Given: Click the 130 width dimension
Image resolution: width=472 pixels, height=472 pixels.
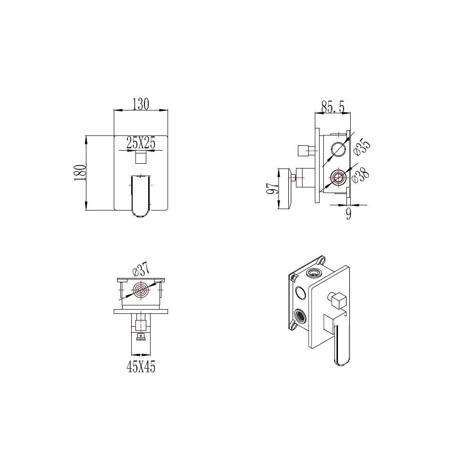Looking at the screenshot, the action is pyautogui.click(x=141, y=104).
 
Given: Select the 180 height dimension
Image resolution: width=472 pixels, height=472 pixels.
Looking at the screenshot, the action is pyautogui.click(x=80, y=172).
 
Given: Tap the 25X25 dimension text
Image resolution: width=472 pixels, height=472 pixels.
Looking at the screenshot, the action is pyautogui.click(x=141, y=142).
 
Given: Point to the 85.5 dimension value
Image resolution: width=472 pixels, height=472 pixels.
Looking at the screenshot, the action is pyautogui.click(x=333, y=106).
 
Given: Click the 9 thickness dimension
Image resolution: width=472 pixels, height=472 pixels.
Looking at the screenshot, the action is pyautogui.click(x=349, y=214).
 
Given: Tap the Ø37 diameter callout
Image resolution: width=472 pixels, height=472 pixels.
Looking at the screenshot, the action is pyautogui.click(x=141, y=270).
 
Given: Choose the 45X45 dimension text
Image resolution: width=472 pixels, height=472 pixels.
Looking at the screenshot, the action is pyautogui.click(x=141, y=367).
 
